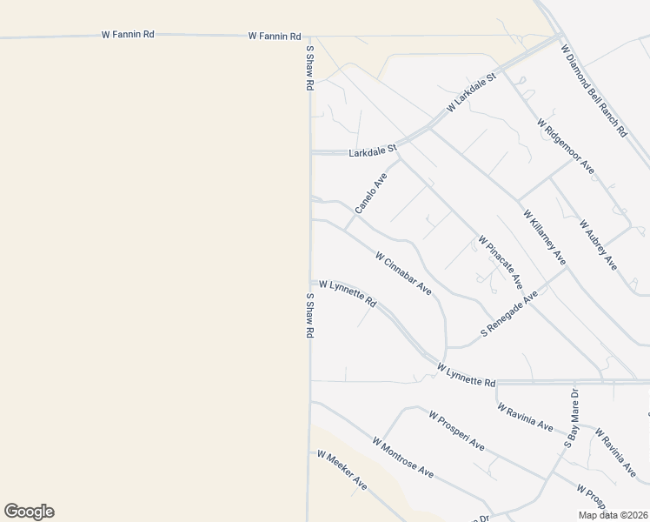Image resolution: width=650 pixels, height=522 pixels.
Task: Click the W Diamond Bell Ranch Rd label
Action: coord(594,91)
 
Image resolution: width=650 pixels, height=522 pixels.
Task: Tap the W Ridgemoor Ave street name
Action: coord(566,145)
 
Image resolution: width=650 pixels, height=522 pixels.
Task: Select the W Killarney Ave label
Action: coord(545,237)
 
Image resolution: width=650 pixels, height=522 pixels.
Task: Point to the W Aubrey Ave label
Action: coord(598,244)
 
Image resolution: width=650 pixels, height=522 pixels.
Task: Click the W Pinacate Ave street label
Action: coord(500,262)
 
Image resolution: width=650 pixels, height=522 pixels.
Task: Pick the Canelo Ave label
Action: coord(371,192)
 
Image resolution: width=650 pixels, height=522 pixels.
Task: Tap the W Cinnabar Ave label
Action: coord(403,272)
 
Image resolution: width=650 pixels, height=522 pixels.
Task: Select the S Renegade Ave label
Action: coord(510,315)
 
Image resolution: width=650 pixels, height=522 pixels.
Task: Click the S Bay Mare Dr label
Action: coord(574,419)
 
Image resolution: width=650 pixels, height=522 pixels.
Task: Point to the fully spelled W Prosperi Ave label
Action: coord(456,430)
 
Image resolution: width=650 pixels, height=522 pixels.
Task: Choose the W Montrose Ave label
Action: coord(403,457)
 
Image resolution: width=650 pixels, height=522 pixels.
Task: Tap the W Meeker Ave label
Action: coord(342,469)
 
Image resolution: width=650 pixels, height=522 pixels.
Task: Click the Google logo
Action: coord(29,512)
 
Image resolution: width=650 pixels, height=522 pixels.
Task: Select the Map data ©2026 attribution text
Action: coord(613,515)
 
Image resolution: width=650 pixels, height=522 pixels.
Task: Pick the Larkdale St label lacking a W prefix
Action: coord(372,151)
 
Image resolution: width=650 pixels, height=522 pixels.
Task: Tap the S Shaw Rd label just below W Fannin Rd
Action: coord(308,70)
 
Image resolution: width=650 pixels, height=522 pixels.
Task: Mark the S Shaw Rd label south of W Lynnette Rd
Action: coord(308,315)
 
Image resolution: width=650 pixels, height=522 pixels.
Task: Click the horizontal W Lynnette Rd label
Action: coord(467,376)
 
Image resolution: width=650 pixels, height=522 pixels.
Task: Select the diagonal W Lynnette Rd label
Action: coord(348,293)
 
